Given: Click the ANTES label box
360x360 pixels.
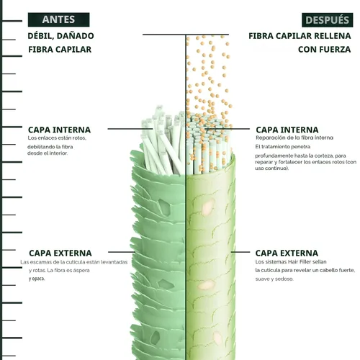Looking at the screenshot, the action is pyautogui.click(x=58, y=19).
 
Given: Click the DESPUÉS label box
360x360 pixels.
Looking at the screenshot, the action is pyautogui.click(x=328, y=20).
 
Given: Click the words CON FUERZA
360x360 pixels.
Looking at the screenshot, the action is pyautogui.click(x=324, y=50).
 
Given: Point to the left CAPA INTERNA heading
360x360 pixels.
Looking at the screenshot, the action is pyautogui.click(x=59, y=130).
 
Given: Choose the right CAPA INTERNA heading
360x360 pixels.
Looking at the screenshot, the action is pyautogui.click(x=287, y=130).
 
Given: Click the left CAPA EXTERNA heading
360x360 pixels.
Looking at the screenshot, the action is pyautogui.click(x=60, y=253).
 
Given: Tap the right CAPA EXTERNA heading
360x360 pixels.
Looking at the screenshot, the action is pyautogui.click(x=287, y=253).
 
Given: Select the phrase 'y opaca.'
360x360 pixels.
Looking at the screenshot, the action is pyautogui.click(x=37, y=279).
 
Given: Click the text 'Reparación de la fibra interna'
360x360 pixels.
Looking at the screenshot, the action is pyautogui.click(x=294, y=138).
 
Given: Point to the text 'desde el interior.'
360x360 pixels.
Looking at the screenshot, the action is pyautogui.click(x=48, y=153).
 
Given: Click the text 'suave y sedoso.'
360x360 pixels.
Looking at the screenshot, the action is pyautogui.click(x=274, y=279).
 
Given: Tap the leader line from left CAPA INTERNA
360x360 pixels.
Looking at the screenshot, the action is pyautogui.click(x=130, y=129).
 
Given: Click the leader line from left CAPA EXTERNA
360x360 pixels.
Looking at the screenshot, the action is pyautogui.click(x=122, y=252).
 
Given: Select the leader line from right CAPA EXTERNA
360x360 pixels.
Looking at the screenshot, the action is pyautogui.click(x=240, y=252).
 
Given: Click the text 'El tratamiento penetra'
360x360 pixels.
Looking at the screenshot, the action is pyautogui.click(x=283, y=147).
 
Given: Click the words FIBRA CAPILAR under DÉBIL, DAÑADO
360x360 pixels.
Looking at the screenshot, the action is pyautogui.click(x=60, y=50).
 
